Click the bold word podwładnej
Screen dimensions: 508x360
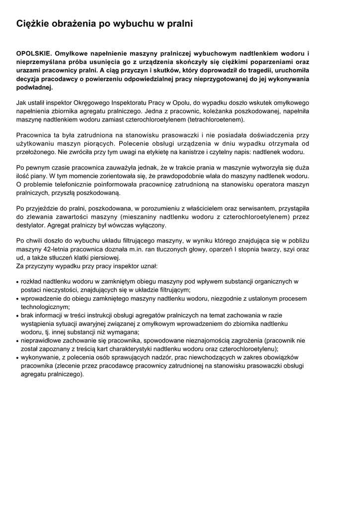34,87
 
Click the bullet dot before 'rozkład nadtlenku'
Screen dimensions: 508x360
18,282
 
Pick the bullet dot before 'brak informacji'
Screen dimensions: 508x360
18,316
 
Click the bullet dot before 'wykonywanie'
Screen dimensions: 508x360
18,358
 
